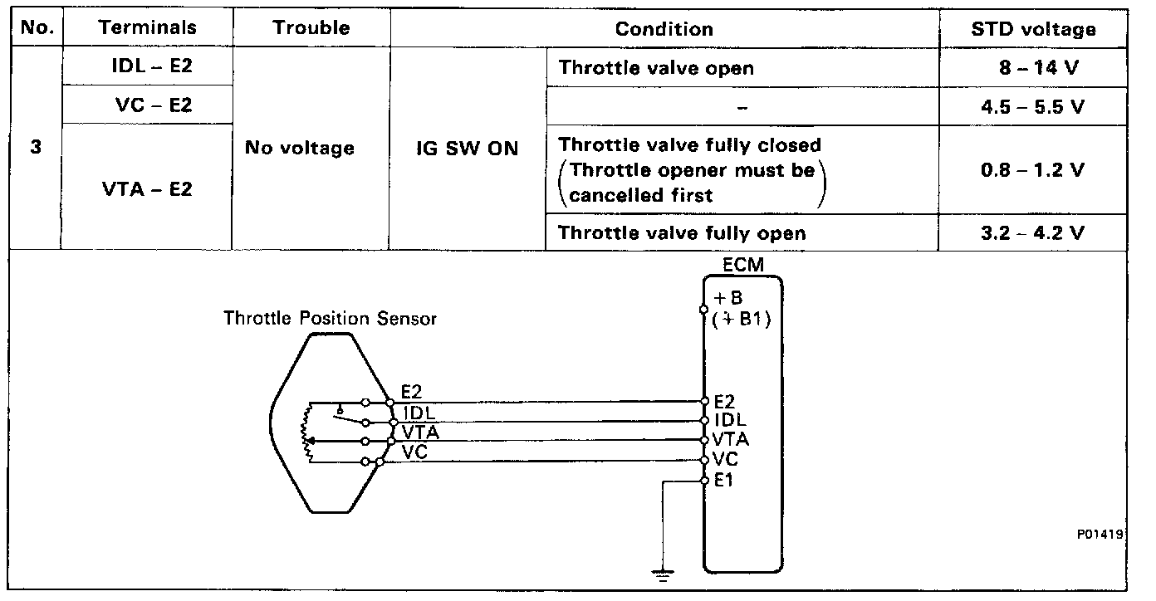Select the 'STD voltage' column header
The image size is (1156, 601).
click(1033, 30)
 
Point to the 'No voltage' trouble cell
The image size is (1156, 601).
click(300, 149)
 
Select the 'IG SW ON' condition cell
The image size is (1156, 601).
click(468, 149)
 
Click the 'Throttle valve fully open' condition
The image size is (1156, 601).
click(682, 233)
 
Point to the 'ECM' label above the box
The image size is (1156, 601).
click(742, 265)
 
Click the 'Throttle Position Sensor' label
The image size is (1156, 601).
click(330, 319)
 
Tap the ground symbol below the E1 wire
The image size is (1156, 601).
click(661, 574)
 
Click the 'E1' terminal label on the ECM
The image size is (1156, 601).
click(723, 481)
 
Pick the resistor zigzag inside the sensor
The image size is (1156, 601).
click(309, 432)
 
